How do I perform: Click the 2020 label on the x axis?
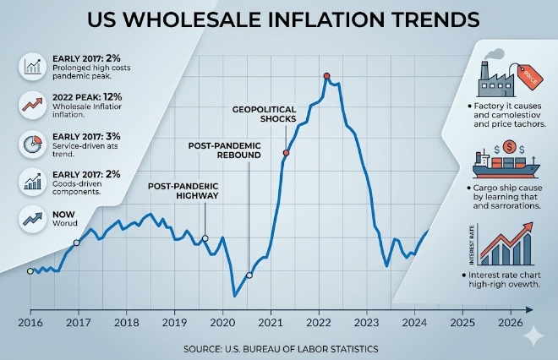[x=222, y=323]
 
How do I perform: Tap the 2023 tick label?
[x=367, y=323]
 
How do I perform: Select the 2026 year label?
[x=511, y=323]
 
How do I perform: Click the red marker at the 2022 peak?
[x=326, y=76]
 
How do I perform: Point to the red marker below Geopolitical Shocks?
[x=286, y=153]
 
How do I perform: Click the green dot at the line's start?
[x=30, y=271]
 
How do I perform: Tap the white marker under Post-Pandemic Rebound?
[x=249, y=275]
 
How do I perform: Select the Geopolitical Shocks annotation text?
[x=265, y=114]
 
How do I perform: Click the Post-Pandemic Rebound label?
[x=225, y=150]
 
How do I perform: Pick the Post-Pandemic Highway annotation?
[x=183, y=191]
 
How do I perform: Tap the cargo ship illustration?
[x=506, y=165]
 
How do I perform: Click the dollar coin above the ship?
[x=510, y=146]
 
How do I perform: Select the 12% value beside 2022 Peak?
[x=113, y=96]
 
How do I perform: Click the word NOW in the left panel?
[x=63, y=215]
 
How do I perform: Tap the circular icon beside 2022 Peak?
[x=32, y=105]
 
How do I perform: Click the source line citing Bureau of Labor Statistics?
[x=281, y=349]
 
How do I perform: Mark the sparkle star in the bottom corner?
[x=533, y=335]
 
